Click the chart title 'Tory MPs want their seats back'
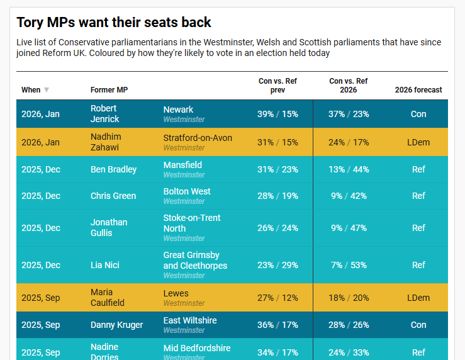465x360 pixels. point(114,23)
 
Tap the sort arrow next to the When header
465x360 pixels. point(47,90)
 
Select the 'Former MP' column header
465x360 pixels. point(109,90)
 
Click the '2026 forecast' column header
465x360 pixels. point(418,90)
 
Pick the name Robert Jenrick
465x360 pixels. point(104,114)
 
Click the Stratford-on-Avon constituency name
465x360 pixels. point(198,138)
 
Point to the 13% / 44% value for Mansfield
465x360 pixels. point(349,169)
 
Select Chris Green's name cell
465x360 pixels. point(113,196)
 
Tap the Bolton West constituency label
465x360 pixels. point(187,191)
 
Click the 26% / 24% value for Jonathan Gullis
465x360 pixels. point(277,228)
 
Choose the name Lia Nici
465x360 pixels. point(105,265)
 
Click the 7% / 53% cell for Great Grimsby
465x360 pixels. point(349,265)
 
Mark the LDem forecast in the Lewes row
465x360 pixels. point(418,298)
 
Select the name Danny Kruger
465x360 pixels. point(116,325)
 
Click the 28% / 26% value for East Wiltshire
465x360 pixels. point(349,325)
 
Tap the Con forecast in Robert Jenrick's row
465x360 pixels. point(418,114)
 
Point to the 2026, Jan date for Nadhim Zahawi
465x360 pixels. point(40,142)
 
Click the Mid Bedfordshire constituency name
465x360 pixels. point(197,348)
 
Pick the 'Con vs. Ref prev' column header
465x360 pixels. point(277,86)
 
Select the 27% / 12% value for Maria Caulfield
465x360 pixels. point(277,298)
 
